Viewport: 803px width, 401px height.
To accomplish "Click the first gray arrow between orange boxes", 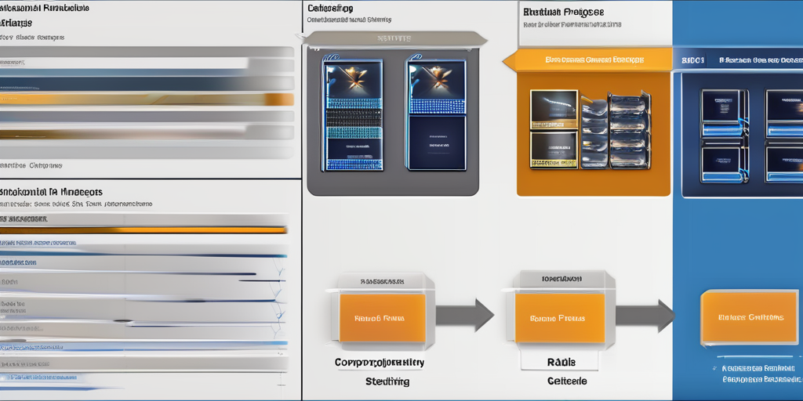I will (463, 315).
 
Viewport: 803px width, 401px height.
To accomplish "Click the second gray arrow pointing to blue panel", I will (644, 316).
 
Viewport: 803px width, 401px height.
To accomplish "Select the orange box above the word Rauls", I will (559, 318).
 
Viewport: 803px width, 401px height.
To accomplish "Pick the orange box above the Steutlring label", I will (383, 319).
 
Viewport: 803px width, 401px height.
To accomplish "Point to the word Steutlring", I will (387, 381).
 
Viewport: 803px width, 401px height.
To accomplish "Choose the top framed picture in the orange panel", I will (554, 108).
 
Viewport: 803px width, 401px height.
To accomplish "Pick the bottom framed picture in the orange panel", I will (554, 149).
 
